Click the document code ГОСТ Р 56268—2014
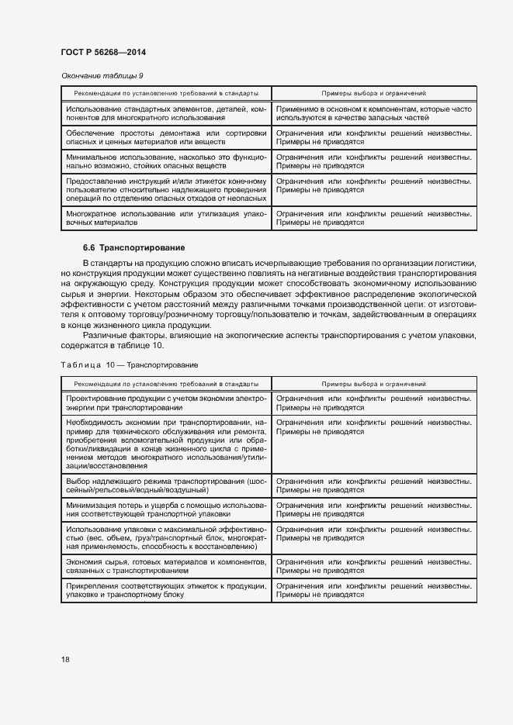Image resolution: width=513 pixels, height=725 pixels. tap(103, 52)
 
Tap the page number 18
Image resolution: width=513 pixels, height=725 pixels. tap(65, 659)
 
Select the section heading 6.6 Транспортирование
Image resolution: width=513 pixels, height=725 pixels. tap(133, 248)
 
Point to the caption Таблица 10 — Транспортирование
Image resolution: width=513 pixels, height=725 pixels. tap(129, 364)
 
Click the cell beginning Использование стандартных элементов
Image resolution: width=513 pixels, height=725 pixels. tap(166, 113)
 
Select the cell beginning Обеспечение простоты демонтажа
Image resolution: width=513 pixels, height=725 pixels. tap(166, 137)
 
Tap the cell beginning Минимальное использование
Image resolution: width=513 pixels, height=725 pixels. tap(166, 161)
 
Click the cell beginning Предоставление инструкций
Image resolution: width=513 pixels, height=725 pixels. tap(166, 189)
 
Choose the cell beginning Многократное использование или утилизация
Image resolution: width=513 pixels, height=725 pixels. tap(166, 218)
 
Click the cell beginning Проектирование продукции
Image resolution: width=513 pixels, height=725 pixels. tap(166, 402)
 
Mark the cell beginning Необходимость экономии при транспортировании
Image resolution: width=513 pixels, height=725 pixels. tap(166, 444)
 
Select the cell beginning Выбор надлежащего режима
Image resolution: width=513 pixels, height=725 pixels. tap(166, 485)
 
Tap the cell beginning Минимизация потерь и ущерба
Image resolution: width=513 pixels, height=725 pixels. tap(166, 509)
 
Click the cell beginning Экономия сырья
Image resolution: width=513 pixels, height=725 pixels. tap(166, 566)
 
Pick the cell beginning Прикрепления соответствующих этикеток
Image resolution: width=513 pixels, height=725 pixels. tap(166, 590)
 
